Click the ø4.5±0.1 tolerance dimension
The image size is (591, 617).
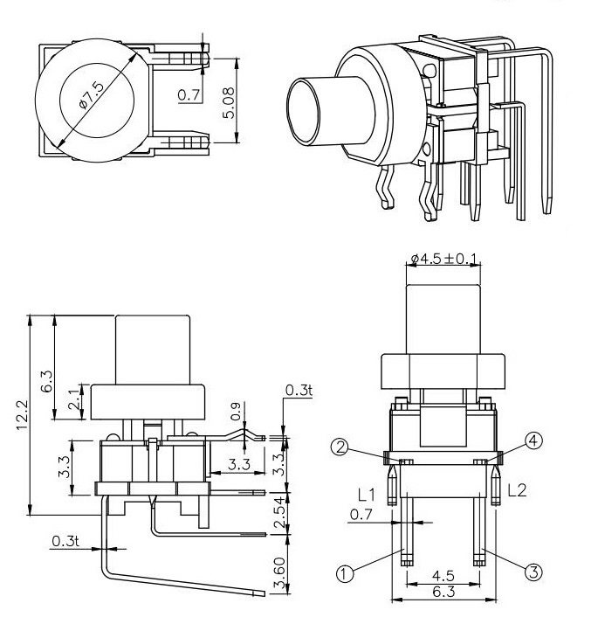tap(444, 259)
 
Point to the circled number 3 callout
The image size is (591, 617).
tap(534, 572)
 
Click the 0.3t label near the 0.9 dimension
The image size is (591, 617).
tap(298, 390)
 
